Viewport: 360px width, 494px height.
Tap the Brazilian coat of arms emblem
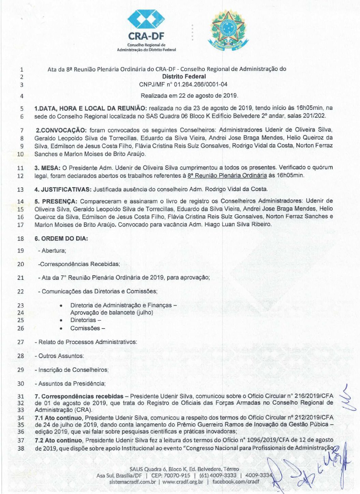[228, 30]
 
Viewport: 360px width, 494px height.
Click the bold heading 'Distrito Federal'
[184, 77]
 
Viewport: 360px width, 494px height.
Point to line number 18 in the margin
[20, 239]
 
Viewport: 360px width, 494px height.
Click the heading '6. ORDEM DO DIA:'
[61, 238]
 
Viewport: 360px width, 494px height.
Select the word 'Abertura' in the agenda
[53, 251]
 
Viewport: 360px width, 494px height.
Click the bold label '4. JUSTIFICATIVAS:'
[63, 189]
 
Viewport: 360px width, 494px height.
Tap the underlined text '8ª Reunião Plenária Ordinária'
[227, 175]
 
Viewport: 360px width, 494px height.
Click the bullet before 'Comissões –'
[61, 329]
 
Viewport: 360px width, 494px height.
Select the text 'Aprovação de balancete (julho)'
[112, 313]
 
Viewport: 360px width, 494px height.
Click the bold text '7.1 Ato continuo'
[58, 418]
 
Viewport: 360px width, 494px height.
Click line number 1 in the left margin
[21, 69]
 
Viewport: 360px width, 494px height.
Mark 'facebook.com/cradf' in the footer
[235, 482]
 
